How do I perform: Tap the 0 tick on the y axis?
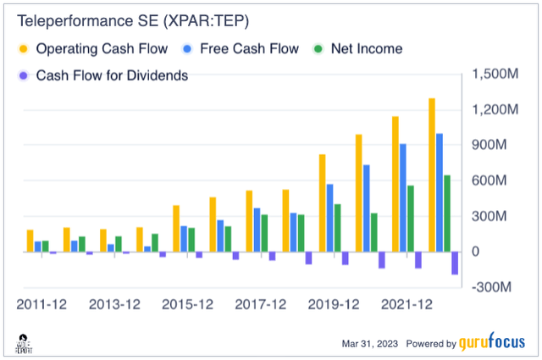point(476,252)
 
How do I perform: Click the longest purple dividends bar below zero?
point(455,263)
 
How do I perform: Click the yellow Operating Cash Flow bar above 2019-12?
point(323,203)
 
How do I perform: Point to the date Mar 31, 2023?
point(366,345)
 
